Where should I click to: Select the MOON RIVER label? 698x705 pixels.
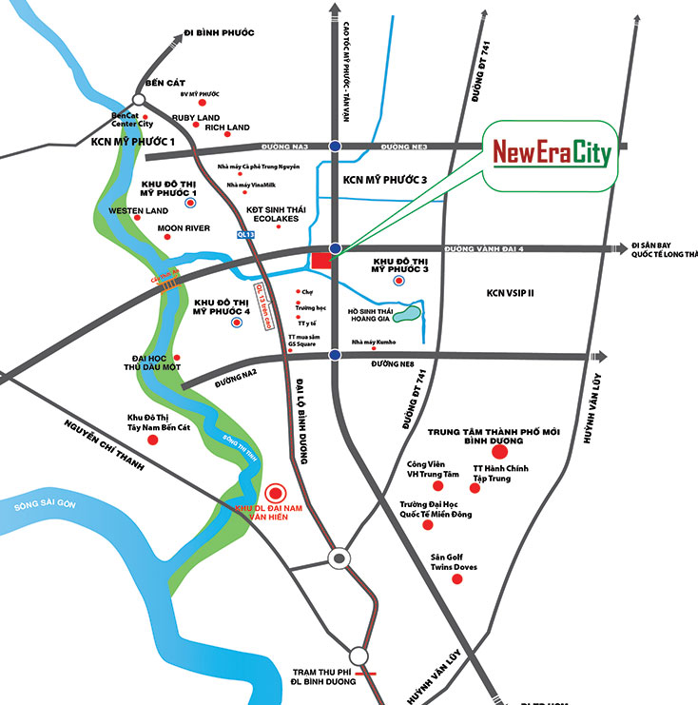click(184, 228)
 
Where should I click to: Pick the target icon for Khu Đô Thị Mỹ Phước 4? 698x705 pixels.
click(234, 323)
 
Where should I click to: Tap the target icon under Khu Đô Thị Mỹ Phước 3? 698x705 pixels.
click(397, 282)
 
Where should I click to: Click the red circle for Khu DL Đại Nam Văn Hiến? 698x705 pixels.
click(275, 493)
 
